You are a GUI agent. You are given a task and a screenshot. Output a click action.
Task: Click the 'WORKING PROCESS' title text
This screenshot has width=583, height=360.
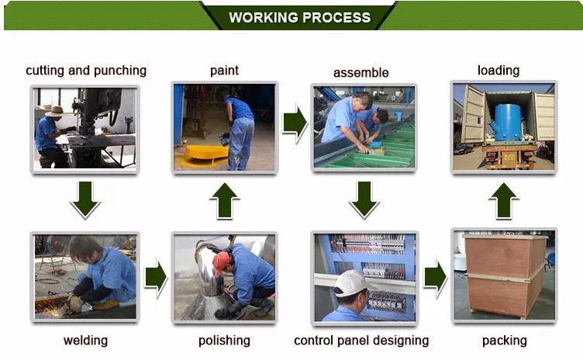(x=300, y=18)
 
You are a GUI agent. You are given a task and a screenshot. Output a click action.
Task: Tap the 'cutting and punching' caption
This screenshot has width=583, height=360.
(x=86, y=71)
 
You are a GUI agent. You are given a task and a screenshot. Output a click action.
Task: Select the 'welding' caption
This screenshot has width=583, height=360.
(x=85, y=341)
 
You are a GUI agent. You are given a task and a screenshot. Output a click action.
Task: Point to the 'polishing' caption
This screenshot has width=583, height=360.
(x=224, y=341)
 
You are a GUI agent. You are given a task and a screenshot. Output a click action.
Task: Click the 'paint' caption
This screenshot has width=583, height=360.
(x=224, y=71)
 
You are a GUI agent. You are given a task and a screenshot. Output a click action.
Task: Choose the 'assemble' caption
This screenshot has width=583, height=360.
(x=361, y=73)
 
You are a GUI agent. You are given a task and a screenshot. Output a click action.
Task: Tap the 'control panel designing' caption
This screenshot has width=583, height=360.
(x=361, y=341)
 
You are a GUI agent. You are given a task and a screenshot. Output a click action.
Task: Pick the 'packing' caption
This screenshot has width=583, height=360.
(x=504, y=341)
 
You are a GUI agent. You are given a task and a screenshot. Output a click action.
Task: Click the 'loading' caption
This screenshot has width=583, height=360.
(x=498, y=70)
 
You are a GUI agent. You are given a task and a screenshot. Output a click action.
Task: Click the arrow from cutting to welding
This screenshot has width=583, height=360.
(x=85, y=199)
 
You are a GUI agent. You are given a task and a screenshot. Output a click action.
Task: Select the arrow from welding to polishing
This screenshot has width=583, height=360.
(x=156, y=278)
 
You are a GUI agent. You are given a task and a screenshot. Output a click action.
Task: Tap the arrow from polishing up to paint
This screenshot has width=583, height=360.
(x=225, y=201)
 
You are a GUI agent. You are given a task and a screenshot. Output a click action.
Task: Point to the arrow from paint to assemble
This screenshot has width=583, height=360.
(x=295, y=123)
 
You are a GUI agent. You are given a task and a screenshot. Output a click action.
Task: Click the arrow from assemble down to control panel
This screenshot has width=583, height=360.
(x=364, y=199)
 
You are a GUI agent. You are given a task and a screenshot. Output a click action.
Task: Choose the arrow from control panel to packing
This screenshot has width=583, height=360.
(x=436, y=278)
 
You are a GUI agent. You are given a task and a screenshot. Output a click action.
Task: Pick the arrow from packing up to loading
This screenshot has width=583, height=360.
(x=504, y=201)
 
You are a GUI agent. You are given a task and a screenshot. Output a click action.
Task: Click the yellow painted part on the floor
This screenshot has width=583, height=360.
(x=207, y=154)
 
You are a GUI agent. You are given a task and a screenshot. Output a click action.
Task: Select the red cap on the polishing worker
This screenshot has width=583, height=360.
(x=221, y=262)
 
